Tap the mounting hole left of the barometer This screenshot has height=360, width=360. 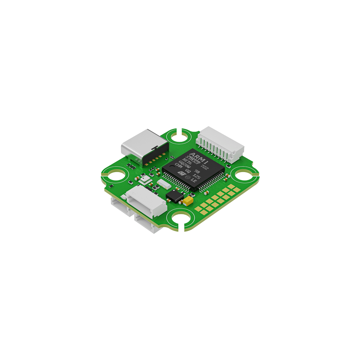point(116,177)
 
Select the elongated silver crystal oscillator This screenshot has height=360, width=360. point(163,184)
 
